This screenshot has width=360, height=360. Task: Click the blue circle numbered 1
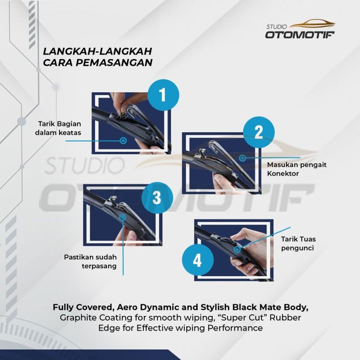[x=163, y=95]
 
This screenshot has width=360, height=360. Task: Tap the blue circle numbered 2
[x=259, y=132]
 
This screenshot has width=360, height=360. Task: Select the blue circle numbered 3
[x=157, y=198]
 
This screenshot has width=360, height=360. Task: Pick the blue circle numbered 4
[x=198, y=260]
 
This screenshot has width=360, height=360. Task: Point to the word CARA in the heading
[x=58, y=62]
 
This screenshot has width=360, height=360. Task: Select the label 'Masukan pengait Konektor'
[x=297, y=169]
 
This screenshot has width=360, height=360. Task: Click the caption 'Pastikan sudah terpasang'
[x=90, y=261]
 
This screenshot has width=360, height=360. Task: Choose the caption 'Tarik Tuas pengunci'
[x=298, y=243]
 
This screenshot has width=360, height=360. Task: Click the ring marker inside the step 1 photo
[x=123, y=140]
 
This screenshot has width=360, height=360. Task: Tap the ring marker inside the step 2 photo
[x=242, y=158]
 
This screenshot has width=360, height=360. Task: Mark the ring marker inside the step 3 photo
[x=123, y=217]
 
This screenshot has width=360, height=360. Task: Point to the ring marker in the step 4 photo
[x=238, y=249]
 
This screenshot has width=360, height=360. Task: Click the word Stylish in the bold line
[x=215, y=307]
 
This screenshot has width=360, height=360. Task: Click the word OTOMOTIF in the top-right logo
[x=300, y=35]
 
